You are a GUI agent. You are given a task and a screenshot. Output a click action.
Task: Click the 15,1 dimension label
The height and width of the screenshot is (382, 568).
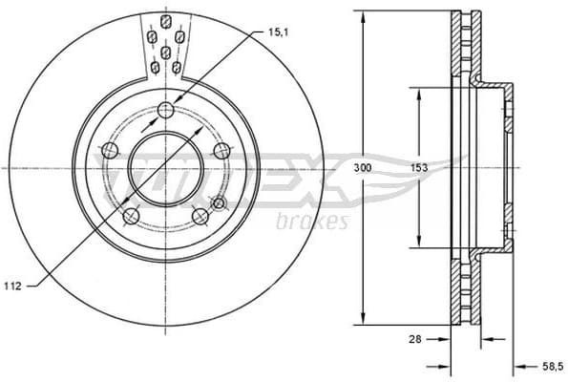coord(279,32)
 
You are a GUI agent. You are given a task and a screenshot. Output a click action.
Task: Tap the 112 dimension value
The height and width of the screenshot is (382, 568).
coord(11,286)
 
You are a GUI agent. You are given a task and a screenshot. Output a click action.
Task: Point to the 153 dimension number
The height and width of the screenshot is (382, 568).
coord(417,168)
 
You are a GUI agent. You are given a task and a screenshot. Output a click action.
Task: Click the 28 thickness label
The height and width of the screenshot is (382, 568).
coord(416,339)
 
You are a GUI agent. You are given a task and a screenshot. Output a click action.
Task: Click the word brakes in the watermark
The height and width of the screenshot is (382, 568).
coord(310,223)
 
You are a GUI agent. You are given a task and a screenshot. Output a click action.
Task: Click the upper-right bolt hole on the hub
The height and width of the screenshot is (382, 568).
coord(222,150)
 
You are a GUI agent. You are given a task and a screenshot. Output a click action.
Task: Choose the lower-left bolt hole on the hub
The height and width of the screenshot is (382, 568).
coord(131,216)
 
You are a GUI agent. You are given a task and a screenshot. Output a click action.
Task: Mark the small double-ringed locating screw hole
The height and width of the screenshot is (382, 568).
coord(219,202)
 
